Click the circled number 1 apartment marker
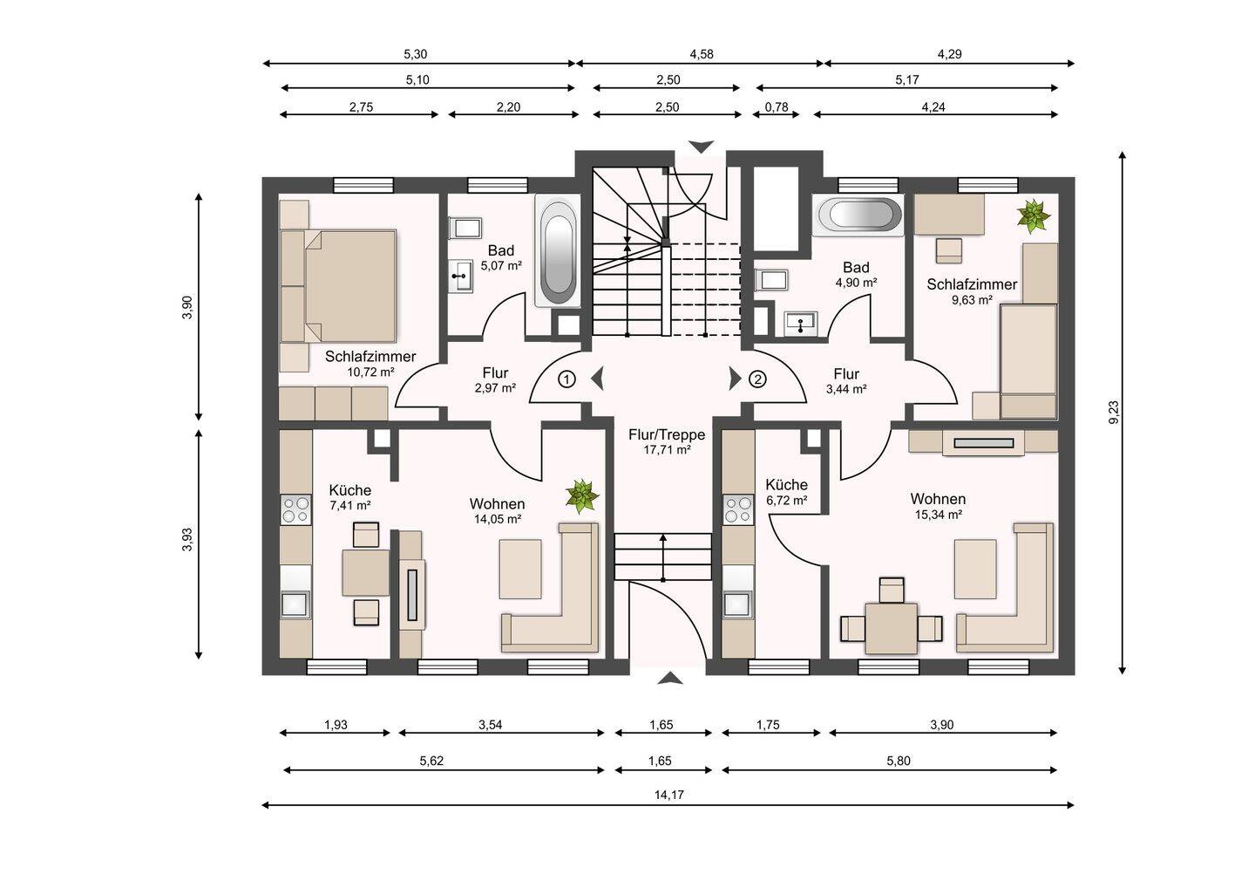point(567,379)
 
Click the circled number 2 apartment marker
point(757,379)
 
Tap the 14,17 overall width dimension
point(669,795)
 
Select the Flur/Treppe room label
point(667,434)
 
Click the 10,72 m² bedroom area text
point(370,372)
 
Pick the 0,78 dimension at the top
point(777,106)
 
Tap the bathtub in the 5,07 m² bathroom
point(558,250)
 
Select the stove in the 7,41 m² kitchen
point(295,509)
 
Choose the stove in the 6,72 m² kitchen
point(738,509)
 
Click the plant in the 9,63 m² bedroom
point(1034,215)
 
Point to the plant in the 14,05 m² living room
point(582,496)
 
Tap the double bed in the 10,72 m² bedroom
point(339,286)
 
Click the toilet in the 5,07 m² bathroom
point(465,228)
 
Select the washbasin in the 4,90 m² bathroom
point(801,324)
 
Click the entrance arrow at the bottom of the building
point(670,679)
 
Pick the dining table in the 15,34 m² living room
point(891,628)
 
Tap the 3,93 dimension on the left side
point(187,539)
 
